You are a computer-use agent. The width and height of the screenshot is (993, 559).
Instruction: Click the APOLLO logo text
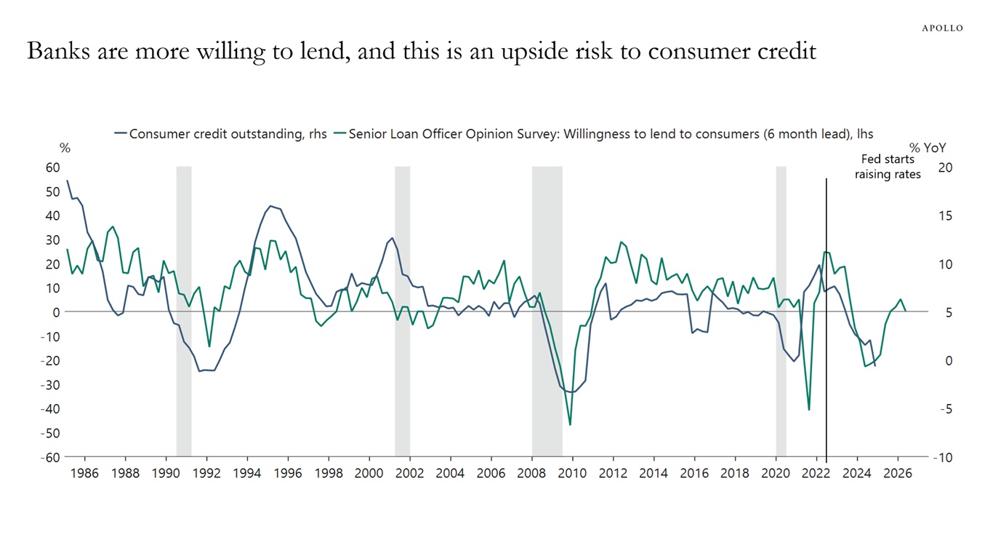(x=942, y=28)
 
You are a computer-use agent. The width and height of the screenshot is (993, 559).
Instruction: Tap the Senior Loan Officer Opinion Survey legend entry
(x=603, y=134)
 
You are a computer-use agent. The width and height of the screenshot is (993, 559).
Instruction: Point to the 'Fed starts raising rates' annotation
(x=888, y=167)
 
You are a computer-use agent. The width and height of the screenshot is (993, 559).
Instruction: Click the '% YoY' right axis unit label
(x=928, y=148)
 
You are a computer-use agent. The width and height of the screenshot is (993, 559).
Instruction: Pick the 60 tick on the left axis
(x=52, y=167)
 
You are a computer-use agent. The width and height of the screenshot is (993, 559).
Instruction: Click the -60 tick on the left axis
(x=49, y=457)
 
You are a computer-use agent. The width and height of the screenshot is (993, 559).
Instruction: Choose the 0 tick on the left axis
(x=55, y=312)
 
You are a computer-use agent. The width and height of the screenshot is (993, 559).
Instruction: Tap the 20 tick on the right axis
(x=945, y=167)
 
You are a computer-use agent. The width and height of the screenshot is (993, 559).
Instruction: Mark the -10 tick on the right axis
(x=944, y=457)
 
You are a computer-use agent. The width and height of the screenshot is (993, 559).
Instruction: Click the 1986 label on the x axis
(x=84, y=473)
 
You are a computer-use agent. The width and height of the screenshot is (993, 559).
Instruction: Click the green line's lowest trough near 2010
(x=570, y=424)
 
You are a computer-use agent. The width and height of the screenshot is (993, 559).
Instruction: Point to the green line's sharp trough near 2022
(x=809, y=410)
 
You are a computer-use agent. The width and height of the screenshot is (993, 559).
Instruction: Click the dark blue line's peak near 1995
(x=270, y=206)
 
